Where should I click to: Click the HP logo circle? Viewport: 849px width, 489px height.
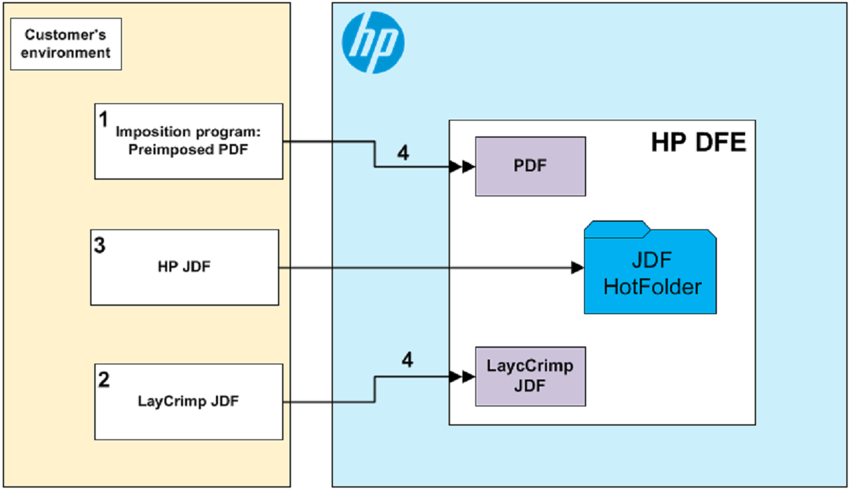pos(373,42)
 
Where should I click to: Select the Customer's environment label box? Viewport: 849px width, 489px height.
pos(66,44)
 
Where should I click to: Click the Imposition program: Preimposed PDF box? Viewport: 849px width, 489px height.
pos(189,141)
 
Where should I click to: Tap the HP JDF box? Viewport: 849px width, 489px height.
pos(184,267)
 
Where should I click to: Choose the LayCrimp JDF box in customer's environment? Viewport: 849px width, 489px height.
pos(189,402)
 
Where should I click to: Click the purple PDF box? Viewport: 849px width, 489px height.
pos(530,166)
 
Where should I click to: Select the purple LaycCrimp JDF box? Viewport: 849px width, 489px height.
pos(530,376)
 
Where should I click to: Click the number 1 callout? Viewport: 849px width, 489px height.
pos(103,120)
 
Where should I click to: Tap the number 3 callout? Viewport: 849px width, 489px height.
pos(100,246)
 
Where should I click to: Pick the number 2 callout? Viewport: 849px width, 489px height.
pos(104,380)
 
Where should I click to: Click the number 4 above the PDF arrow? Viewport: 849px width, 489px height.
pos(403,153)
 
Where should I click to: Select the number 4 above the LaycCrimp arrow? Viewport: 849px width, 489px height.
pos(407,360)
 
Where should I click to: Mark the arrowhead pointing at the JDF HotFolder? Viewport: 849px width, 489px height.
pos(578,268)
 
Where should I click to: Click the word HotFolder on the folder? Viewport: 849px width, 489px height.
pos(652,286)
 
